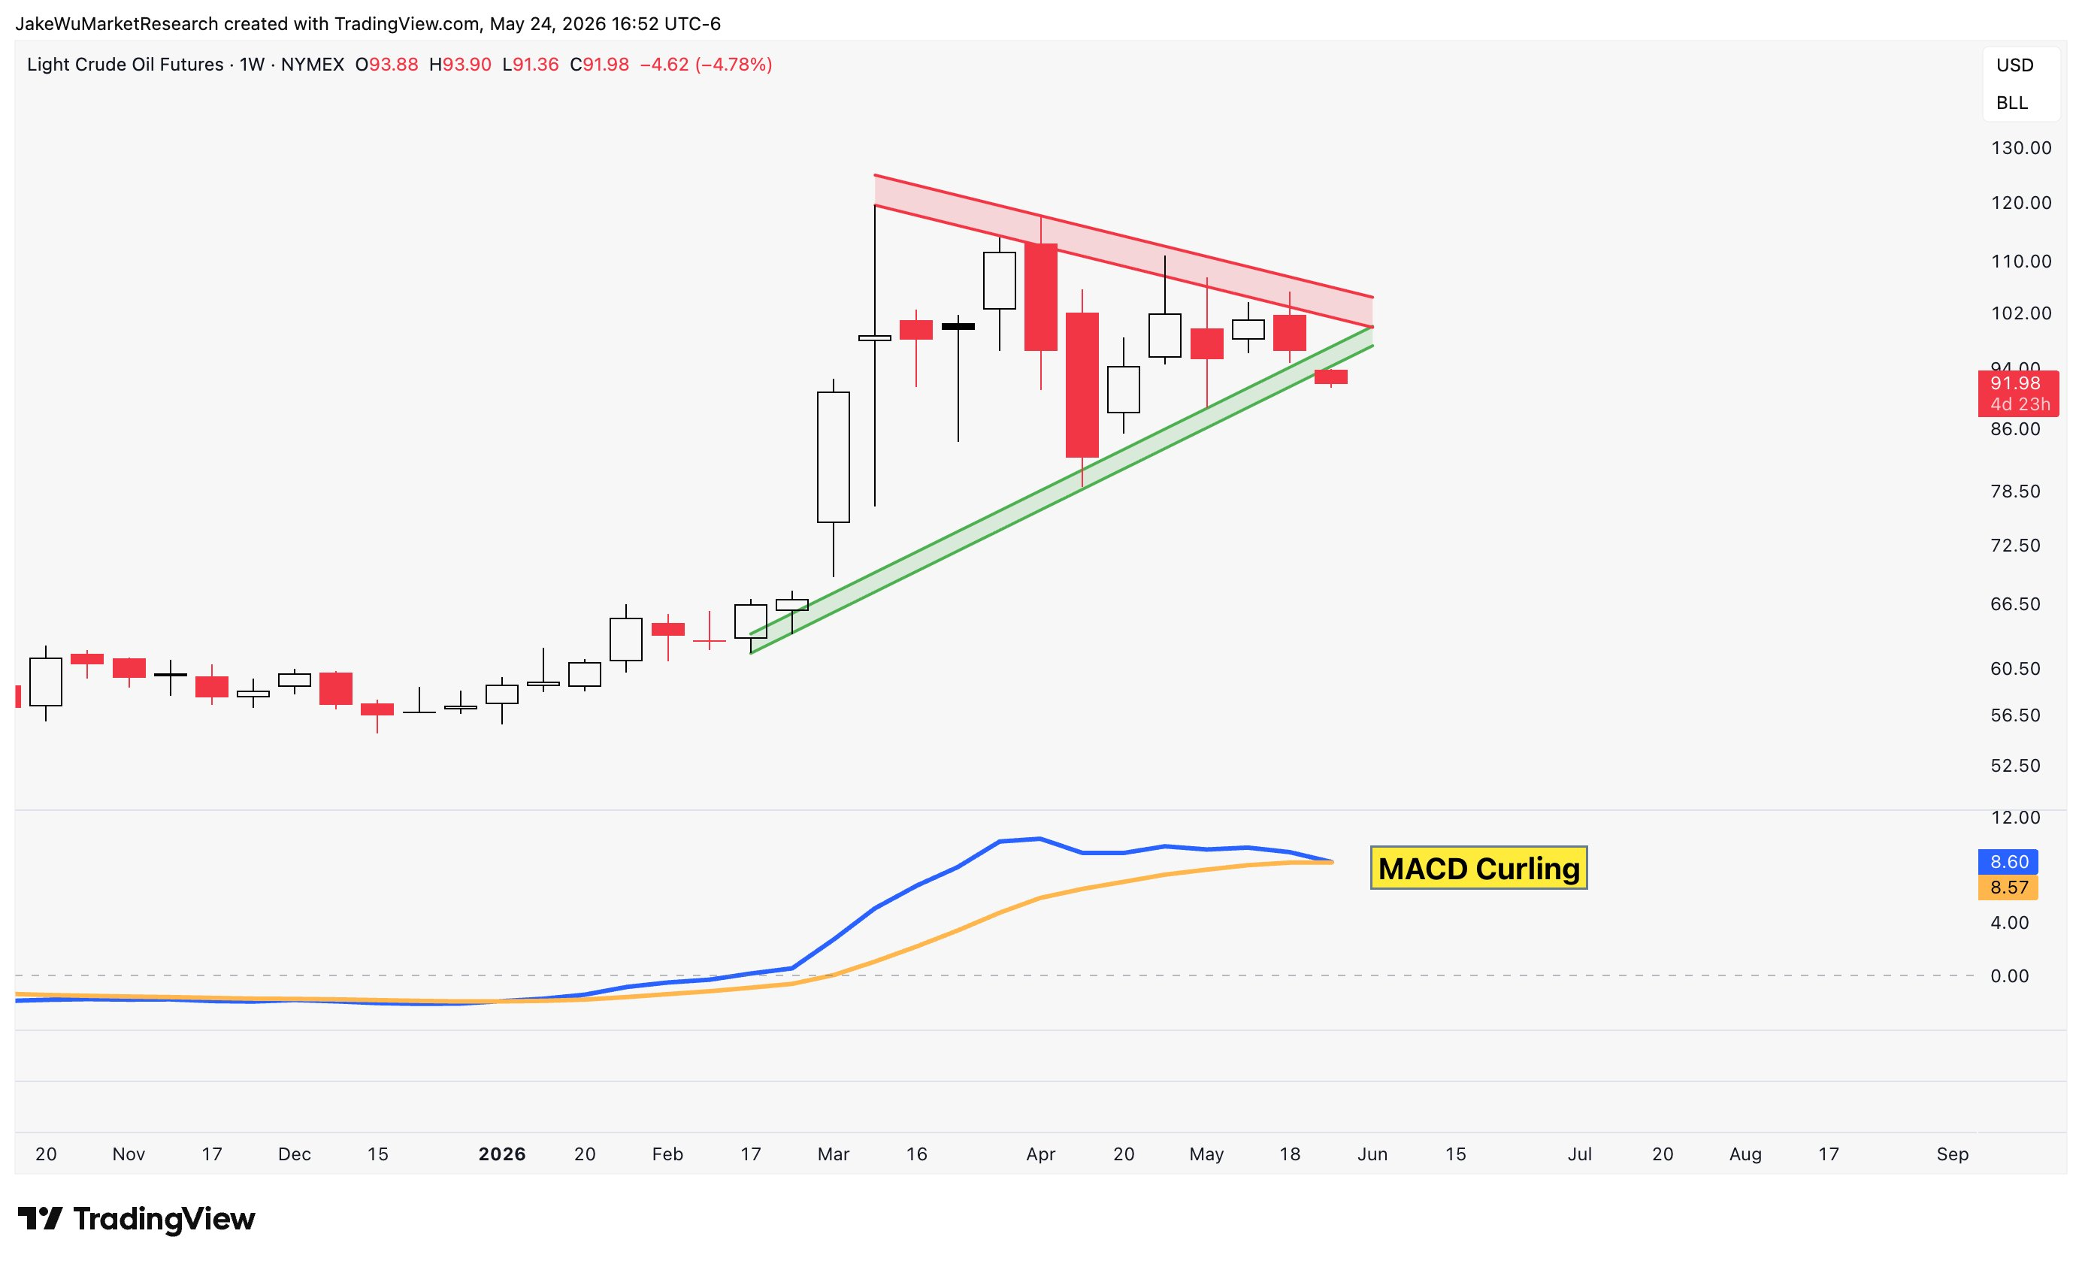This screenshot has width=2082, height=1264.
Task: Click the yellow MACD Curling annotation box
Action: pos(1478,868)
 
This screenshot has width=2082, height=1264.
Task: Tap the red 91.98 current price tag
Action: pos(2018,393)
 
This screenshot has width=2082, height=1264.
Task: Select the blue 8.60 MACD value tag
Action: pos(2008,862)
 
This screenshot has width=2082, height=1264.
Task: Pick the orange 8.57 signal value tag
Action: pos(2008,888)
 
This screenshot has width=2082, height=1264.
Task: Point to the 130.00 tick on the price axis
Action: pos(2021,148)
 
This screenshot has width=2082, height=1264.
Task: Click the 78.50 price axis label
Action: pos(2015,491)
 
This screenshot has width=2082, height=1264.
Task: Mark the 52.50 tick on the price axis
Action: pos(2015,765)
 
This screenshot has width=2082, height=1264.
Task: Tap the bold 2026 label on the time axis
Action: pos(502,1154)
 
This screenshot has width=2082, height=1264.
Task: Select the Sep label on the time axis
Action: pos(1952,1154)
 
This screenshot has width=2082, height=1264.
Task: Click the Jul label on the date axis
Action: pos(1579,1154)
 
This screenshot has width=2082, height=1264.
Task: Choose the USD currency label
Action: pos(2014,65)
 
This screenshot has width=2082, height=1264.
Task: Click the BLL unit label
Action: pos(2012,102)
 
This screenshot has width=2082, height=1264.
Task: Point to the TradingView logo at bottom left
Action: pos(136,1218)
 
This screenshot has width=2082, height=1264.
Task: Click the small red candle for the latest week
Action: pos(1331,376)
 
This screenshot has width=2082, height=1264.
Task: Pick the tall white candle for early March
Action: pos(833,457)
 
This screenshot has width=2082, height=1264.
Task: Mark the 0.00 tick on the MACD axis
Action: pos(2009,976)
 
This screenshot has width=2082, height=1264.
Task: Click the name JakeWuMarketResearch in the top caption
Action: pos(117,23)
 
